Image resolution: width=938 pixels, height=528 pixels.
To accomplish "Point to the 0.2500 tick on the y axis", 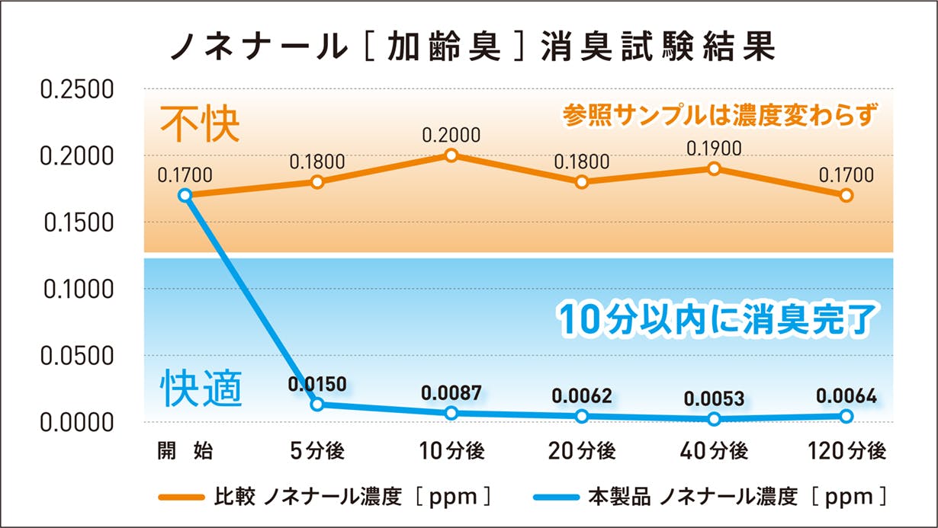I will pos(77,89).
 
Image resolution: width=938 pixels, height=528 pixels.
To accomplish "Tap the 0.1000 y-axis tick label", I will pos(77,289).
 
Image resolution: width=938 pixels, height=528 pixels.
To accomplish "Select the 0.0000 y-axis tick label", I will pos(77,421).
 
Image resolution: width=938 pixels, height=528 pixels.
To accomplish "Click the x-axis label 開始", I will pos(185,451).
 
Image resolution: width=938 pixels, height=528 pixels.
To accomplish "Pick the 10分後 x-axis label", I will pos(451,451).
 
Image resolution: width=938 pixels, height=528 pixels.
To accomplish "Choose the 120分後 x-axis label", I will pos(846,451).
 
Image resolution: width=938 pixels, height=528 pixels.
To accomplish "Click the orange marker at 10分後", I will pos(451,155).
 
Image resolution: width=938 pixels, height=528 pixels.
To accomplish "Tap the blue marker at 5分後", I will pos(317,404).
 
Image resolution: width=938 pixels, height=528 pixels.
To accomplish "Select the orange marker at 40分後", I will pos(714,168).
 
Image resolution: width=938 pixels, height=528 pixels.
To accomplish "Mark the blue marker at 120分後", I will pos(846,416).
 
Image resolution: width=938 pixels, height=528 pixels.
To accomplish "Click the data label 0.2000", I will pos(451,136).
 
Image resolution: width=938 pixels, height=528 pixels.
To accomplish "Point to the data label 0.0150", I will pos(317,383).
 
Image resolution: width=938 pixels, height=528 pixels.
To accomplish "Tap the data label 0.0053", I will pos(714,398).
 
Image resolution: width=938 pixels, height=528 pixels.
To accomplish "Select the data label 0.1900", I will pos(714,149).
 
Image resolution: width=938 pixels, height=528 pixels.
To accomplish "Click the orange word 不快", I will pos(199,126).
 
